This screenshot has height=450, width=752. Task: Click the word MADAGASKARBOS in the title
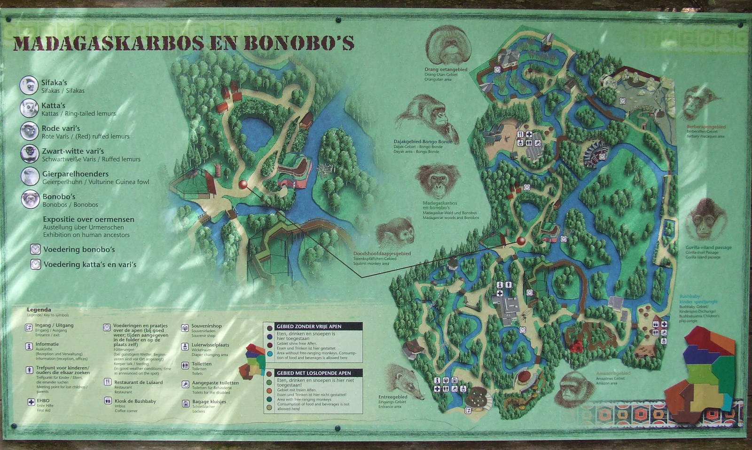pos(108,43)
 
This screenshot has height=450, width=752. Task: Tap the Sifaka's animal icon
pos(29,86)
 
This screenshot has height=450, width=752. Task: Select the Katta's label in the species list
pos(53,105)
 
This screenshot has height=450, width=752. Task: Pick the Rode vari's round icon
pos(29,131)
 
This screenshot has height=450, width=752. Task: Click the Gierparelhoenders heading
pos(75,174)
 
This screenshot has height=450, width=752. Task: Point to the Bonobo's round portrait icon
pos(30,199)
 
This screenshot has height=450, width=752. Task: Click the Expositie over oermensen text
pos(88,219)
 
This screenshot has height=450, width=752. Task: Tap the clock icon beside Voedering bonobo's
pos(35,249)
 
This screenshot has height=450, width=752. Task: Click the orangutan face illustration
pos(448,45)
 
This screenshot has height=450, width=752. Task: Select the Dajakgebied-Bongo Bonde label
pos(423,142)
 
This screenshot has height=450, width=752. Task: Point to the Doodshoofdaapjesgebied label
pos(382,253)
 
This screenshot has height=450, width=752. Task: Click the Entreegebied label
pos(392,397)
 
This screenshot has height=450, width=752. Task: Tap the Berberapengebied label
pos(705,127)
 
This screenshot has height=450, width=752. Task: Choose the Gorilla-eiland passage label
pos(708,247)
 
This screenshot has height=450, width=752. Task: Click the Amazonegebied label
pos(613,373)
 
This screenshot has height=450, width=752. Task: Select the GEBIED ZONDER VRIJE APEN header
pos(309,326)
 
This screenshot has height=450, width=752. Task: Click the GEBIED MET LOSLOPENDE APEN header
pos(313,373)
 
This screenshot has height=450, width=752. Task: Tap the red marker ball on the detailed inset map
pos(243,184)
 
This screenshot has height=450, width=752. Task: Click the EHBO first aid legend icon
pos(31,402)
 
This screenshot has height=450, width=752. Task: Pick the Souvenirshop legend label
pos(206,326)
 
